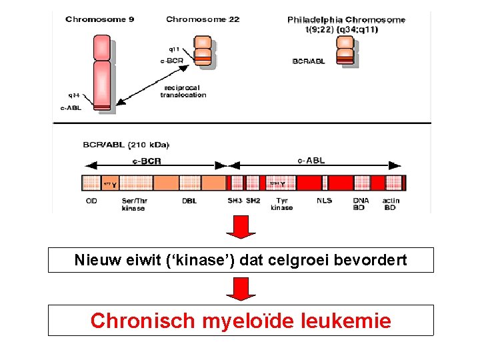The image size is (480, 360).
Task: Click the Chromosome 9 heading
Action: point(99,19)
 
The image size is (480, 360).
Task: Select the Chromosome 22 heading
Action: point(203,19)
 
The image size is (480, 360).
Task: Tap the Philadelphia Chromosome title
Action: point(346,20)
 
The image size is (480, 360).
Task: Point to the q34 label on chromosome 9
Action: point(73,95)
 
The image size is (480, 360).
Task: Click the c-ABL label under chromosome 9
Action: point(71,108)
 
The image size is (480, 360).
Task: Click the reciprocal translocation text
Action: point(183,91)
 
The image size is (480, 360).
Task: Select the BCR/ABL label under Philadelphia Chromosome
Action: point(309,61)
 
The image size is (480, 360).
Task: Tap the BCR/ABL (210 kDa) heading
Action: point(126,145)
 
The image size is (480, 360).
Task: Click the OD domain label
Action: point(92,200)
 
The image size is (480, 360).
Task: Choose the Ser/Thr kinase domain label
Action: point(133,204)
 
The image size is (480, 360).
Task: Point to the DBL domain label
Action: point(189,200)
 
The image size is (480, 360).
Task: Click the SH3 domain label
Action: point(235,200)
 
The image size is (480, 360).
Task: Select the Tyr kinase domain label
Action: point(282,204)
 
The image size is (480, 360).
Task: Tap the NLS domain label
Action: point(324,200)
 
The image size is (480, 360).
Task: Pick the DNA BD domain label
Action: point(361,204)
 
